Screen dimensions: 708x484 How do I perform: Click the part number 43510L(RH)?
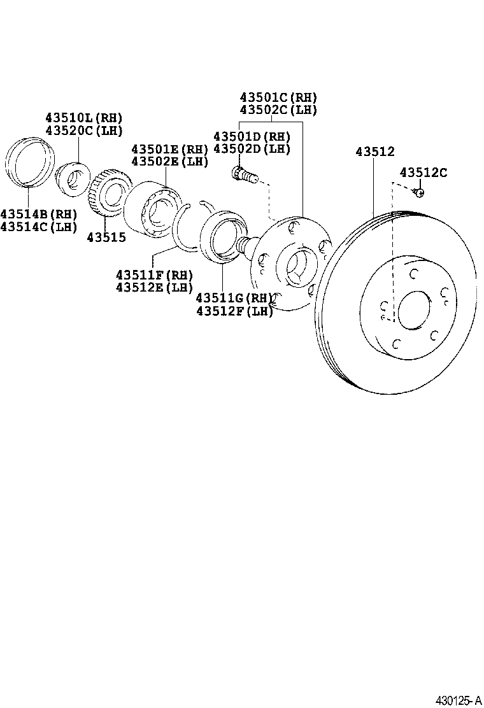click(83, 118)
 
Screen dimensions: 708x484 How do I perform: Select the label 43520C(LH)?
click(83, 131)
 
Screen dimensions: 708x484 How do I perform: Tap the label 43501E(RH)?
click(169, 149)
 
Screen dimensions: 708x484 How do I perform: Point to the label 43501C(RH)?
click(278, 97)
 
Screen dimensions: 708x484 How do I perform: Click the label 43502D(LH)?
click(252, 149)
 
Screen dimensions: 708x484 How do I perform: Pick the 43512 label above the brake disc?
click(375, 152)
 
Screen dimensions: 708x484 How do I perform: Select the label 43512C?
click(423, 173)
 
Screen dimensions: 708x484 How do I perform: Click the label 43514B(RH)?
click(38, 213)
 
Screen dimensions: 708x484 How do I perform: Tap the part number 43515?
click(106, 237)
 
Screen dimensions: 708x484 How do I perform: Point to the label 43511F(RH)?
click(154, 275)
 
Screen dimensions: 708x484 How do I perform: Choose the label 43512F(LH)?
click(234, 310)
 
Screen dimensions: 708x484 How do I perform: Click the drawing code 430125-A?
click(458, 700)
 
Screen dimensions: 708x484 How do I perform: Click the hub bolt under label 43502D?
click(245, 174)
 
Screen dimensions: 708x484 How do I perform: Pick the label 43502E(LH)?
click(169, 161)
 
